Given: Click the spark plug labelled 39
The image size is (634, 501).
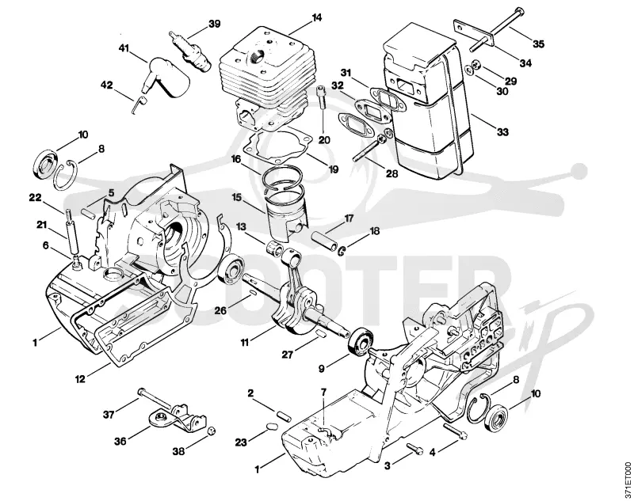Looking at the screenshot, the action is click(189, 51).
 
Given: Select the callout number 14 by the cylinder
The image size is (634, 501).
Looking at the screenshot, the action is click(316, 17).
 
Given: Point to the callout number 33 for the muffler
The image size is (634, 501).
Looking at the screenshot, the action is click(502, 132).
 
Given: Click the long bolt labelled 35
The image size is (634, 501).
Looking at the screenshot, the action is click(495, 29).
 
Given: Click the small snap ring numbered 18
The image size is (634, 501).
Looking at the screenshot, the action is click(342, 251).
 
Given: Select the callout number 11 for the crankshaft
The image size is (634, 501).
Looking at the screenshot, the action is click(245, 343).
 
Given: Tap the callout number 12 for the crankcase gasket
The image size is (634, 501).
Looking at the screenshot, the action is click(80, 379).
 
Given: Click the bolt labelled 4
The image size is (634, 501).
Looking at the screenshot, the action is click(455, 430).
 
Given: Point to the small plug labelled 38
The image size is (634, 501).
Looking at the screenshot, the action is click(210, 431).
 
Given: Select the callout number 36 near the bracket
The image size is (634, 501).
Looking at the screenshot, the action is click(120, 442).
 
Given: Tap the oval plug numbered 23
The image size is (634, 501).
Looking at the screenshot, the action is click(271, 427).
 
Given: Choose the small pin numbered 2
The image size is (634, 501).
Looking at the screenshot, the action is click(284, 416).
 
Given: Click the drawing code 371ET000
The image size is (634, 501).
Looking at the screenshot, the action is click(628, 479).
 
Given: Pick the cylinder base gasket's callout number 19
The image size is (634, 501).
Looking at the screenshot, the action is click(333, 169).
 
